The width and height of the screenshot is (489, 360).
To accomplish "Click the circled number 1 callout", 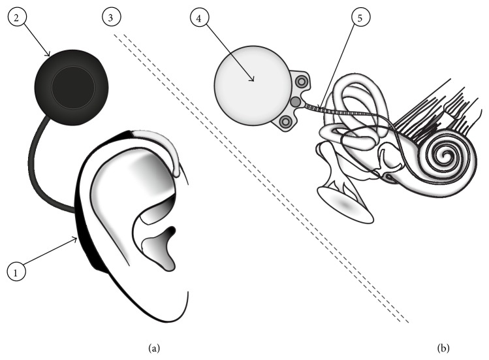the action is pos(16,270).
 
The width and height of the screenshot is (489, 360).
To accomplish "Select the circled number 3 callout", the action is pos(113,18).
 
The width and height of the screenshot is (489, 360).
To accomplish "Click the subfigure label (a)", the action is pos(154,348).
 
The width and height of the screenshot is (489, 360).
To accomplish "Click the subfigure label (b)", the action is pos(444,348).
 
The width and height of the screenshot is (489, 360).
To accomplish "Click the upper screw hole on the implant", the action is pos(302,81).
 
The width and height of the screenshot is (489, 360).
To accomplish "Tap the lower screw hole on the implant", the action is pos(285,122).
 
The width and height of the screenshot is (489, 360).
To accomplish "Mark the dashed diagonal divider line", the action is pos(261,176).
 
